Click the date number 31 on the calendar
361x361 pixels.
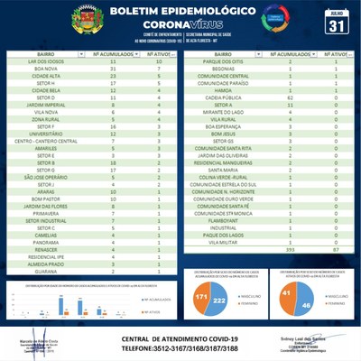click(338, 25)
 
